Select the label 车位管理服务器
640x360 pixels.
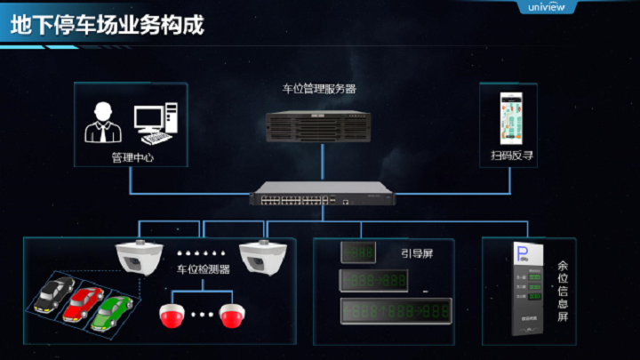[x=319, y=89]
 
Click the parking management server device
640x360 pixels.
[x=319, y=127]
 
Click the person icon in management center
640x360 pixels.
[x=102, y=123]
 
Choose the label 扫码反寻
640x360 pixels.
[x=513, y=156]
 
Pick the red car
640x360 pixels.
[x=85, y=303]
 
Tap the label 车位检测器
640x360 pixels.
[x=204, y=268]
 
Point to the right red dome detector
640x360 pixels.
[x=234, y=314]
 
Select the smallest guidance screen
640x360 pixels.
[x=359, y=252]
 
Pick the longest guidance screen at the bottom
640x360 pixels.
[x=395, y=310]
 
